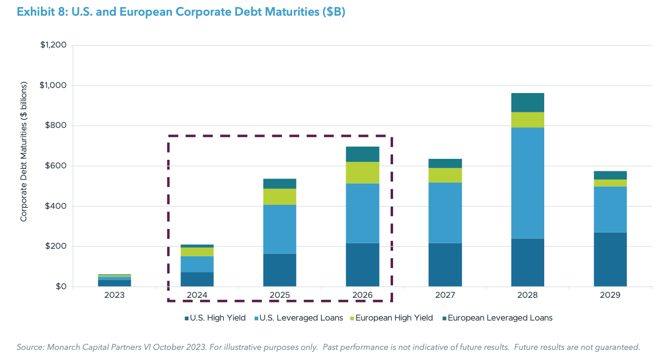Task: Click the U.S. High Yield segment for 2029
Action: [610, 259]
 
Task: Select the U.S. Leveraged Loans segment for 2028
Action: [528, 183]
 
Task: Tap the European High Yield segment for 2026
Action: [362, 172]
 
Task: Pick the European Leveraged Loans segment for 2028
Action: [528, 102]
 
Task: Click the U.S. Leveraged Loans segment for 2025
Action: [279, 229]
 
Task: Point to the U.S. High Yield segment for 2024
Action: [197, 279]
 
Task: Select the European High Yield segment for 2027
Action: [445, 175]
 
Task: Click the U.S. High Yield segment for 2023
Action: [115, 283]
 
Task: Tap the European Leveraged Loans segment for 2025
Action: [279, 184]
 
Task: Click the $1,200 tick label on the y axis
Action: [53, 45]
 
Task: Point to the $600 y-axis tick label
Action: [56, 166]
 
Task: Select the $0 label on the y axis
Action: [61, 287]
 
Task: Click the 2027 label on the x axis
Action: [445, 295]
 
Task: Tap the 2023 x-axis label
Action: [115, 295]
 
